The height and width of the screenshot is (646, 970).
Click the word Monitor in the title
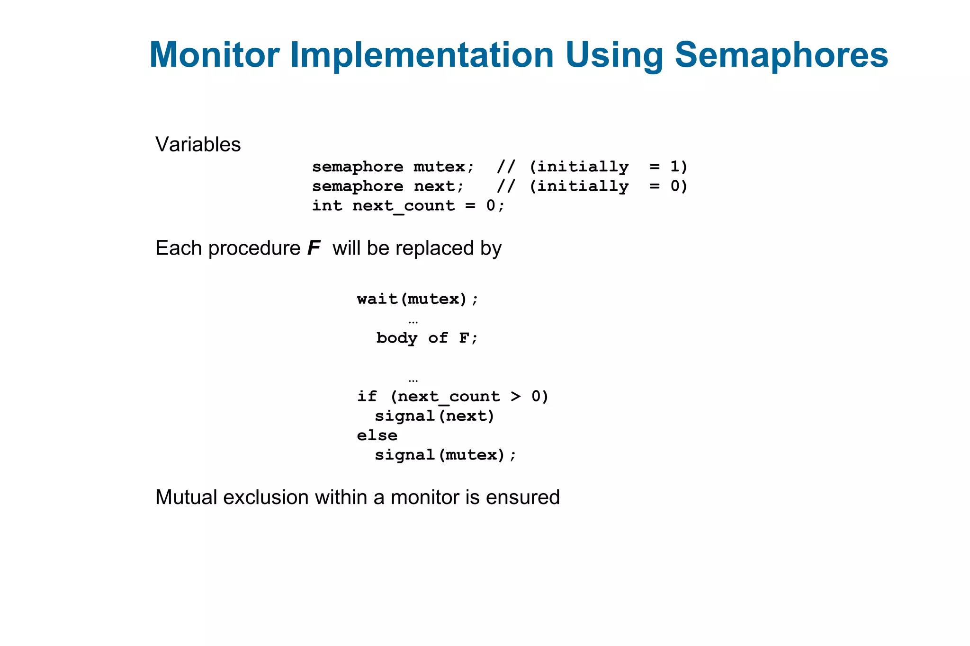click(x=214, y=55)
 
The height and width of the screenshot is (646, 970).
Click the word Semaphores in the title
click(x=781, y=55)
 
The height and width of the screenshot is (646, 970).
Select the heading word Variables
click(x=198, y=144)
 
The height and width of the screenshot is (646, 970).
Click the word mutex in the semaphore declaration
click(x=439, y=167)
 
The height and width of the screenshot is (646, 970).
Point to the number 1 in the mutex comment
click(x=674, y=167)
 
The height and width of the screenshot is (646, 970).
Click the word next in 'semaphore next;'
click(x=434, y=186)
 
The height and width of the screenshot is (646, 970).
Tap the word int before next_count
click(x=327, y=205)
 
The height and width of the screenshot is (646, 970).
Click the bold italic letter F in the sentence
click(x=314, y=248)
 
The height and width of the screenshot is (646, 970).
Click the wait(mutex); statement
click(x=418, y=299)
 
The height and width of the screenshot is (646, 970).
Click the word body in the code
click(x=397, y=338)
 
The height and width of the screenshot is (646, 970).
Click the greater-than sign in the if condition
click(x=516, y=396)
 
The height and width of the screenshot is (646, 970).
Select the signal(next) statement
click(x=434, y=416)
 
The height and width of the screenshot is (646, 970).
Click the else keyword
click(x=377, y=435)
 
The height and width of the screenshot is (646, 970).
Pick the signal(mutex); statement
click(x=445, y=455)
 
